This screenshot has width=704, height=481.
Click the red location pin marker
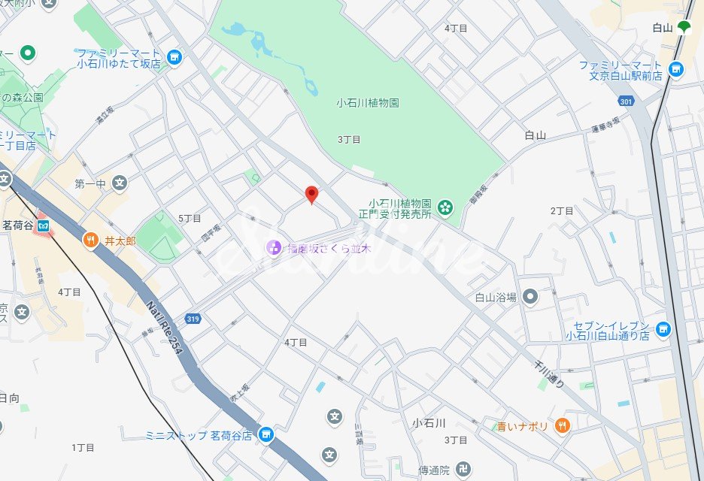pyautogui.click(x=311, y=195)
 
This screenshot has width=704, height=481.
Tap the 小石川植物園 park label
pyautogui.click(x=367, y=104)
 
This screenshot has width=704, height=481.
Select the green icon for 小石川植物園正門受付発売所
pyautogui.click(x=445, y=206)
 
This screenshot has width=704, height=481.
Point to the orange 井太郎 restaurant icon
pyautogui.click(x=90, y=240)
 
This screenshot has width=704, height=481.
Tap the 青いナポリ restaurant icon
pyautogui.click(x=562, y=426)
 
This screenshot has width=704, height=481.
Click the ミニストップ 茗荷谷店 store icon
pyautogui.click(x=265, y=434)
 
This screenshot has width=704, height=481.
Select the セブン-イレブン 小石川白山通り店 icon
pyautogui.click(x=663, y=328)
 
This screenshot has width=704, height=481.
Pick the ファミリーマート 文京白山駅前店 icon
pyautogui.click(x=676, y=70)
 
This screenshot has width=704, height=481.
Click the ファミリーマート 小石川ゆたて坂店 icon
pyautogui.click(x=174, y=58)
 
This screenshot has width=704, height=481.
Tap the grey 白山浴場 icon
pyautogui.click(x=530, y=297)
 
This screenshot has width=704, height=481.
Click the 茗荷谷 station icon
pyautogui.click(x=44, y=225)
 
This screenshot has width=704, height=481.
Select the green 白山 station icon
pyautogui.click(x=684, y=29)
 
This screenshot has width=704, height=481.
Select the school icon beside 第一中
pyautogui.click(x=119, y=183)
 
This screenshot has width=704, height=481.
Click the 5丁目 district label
pyautogui.click(x=190, y=218)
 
